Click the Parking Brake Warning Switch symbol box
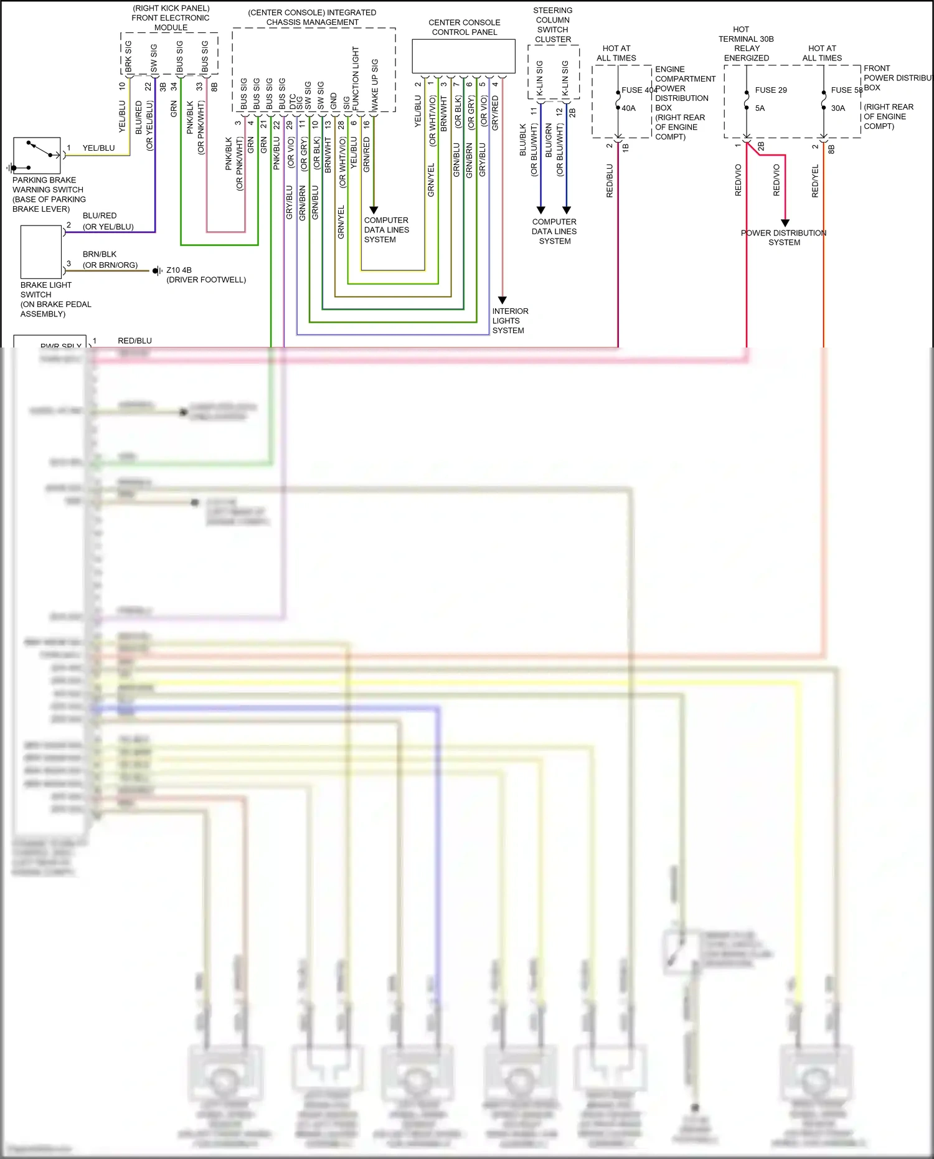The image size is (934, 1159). click(37, 155)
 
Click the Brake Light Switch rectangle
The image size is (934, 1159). click(40, 252)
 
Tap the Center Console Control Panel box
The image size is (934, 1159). click(463, 56)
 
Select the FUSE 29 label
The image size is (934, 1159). click(771, 90)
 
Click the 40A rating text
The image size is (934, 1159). click(629, 108)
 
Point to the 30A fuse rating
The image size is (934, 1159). click(838, 108)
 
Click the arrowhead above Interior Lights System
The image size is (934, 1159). click(502, 300)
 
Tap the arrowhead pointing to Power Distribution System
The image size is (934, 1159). click(785, 222)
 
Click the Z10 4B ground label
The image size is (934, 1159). click(179, 270)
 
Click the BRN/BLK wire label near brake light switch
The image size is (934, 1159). click(100, 254)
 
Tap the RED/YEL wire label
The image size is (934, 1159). click(815, 181)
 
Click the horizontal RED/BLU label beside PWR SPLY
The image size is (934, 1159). click(134, 341)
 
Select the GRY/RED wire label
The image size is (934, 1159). click(495, 113)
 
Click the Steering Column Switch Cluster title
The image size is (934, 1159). click(553, 25)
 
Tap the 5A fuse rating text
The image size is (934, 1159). click(760, 108)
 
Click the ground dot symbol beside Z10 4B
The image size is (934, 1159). click(156, 271)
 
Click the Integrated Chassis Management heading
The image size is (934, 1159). click(312, 17)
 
